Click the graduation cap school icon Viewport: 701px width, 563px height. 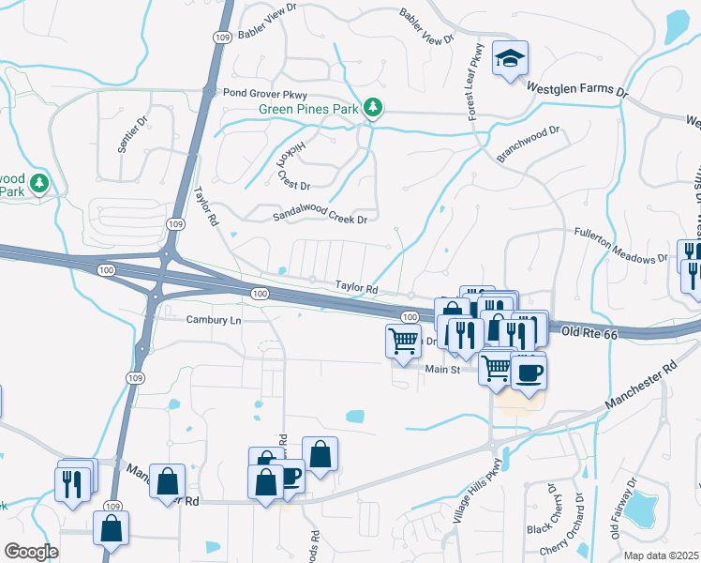pyautogui.click(x=510, y=59)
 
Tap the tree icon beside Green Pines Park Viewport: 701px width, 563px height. pyautogui.click(x=373, y=109)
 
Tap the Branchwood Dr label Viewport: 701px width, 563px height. pyautogui.click(x=528, y=145)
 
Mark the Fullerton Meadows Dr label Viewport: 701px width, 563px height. pyautogui.click(x=619, y=243)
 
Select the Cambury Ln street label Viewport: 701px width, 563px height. pyautogui.click(x=213, y=320)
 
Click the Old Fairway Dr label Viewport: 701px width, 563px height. pyautogui.click(x=622, y=508)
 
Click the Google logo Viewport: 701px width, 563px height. pyautogui.click(x=31, y=552)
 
